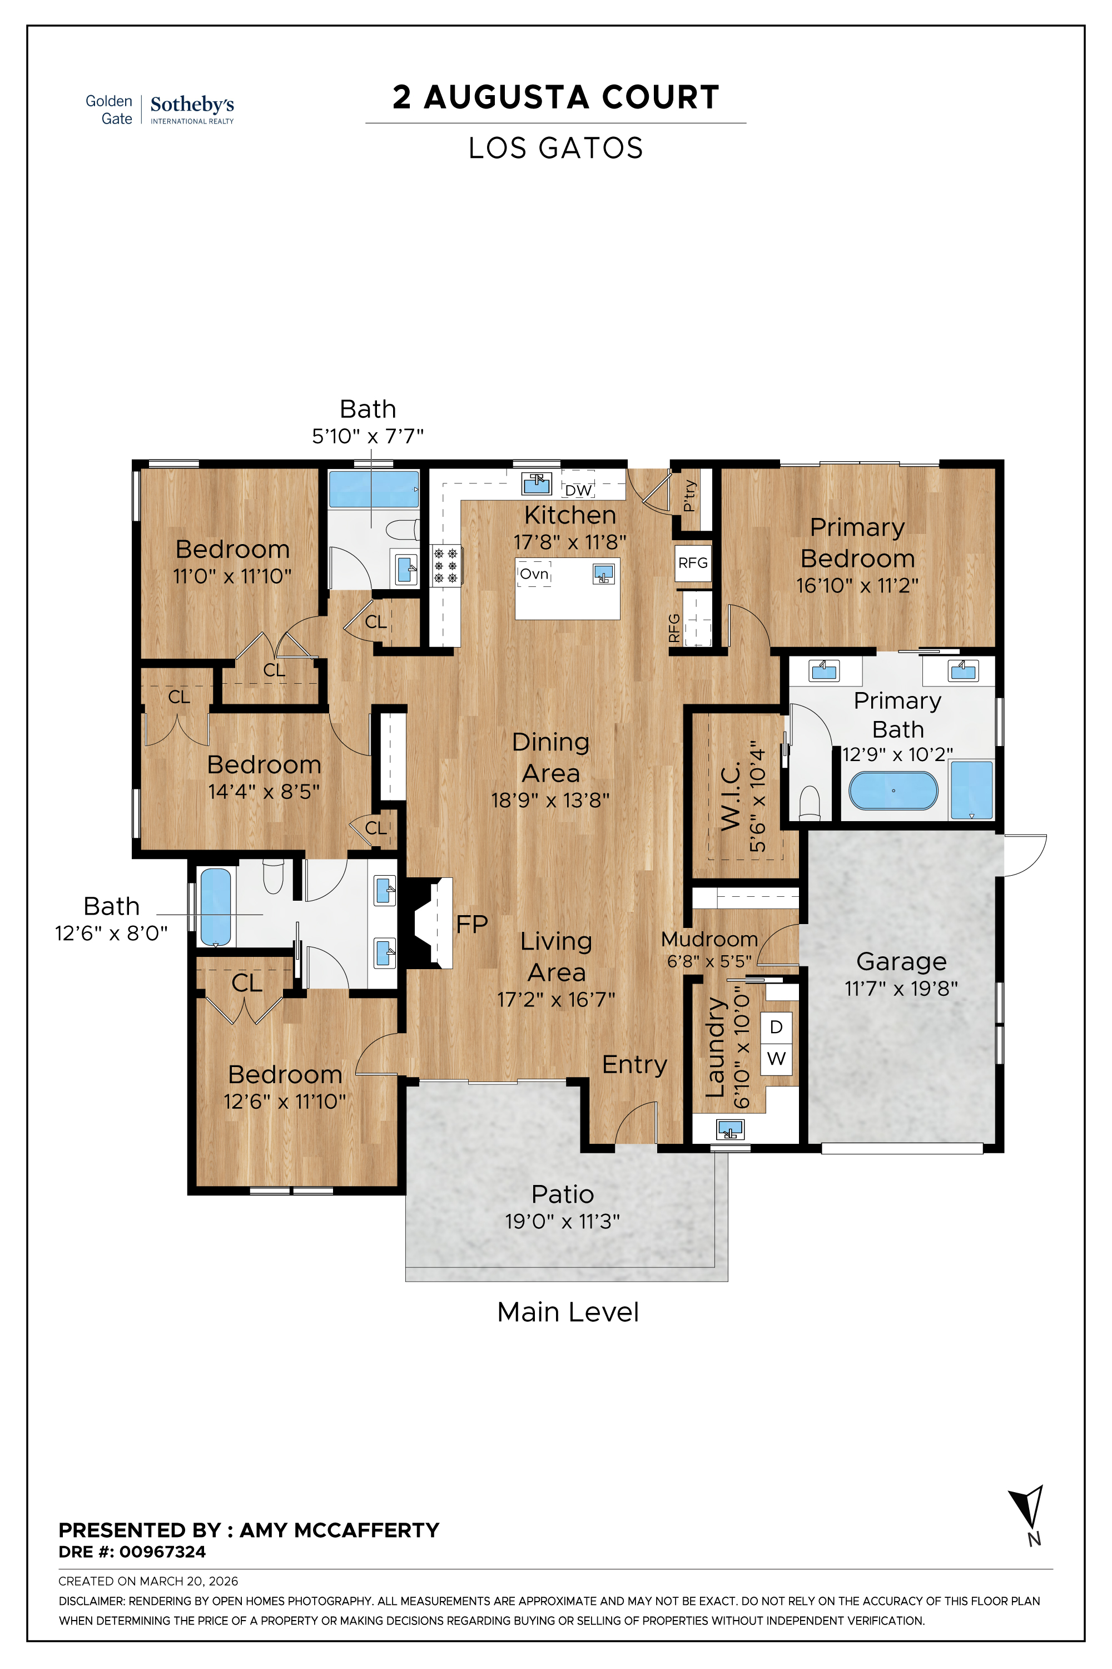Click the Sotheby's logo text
click(x=192, y=105)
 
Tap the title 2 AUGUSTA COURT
click(x=556, y=97)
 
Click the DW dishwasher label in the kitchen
click(x=578, y=490)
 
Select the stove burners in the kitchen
click(x=445, y=566)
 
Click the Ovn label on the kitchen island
click(x=534, y=574)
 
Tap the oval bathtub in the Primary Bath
click(x=893, y=791)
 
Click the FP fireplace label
click(x=471, y=925)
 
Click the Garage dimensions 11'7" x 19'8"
click(x=901, y=989)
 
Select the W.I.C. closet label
click(x=731, y=796)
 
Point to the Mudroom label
click(x=709, y=939)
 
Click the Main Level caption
click(x=568, y=1312)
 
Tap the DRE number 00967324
click(x=162, y=1552)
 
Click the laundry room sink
click(x=729, y=1128)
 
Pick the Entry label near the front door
click(x=635, y=1064)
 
